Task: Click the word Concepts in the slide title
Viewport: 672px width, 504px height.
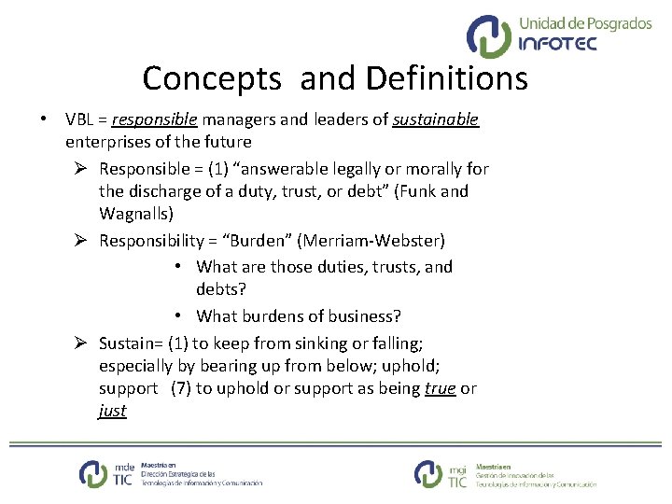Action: click(211, 78)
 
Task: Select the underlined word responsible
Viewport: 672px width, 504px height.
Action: click(154, 119)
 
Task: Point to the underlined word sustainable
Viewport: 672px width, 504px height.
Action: click(435, 119)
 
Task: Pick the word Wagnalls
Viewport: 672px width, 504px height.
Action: click(135, 214)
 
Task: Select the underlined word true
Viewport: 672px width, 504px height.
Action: click(440, 388)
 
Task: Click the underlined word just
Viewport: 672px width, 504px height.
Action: click(112, 411)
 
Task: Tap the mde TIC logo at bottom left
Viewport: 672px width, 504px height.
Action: click(106, 473)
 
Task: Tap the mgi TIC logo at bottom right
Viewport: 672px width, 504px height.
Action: click(441, 473)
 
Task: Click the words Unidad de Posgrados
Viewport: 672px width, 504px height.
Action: click(584, 23)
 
